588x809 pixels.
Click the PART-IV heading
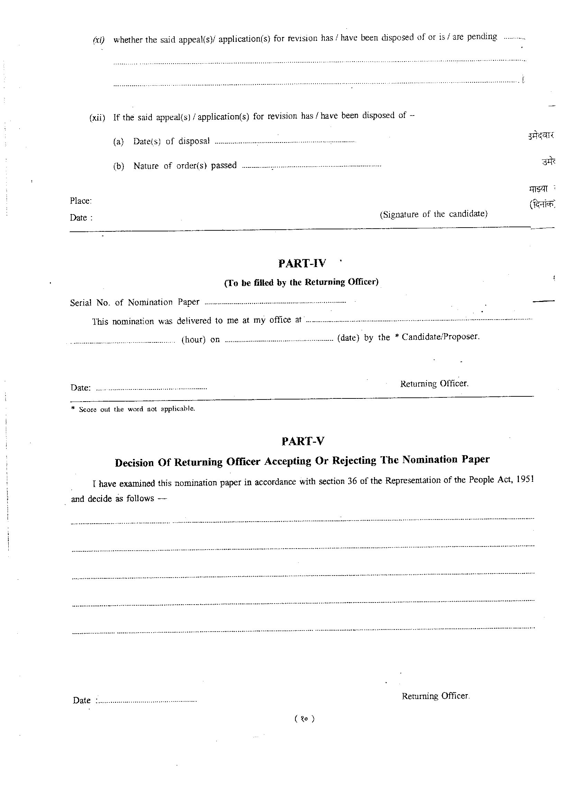302,263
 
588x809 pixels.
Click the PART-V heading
303,441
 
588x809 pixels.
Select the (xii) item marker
97,118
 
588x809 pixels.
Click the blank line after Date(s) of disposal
285,142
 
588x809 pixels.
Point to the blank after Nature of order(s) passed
311,166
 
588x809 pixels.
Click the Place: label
81,201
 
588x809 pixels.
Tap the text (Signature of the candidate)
433,214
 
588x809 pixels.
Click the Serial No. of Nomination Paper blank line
275,303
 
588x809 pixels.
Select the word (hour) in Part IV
193,339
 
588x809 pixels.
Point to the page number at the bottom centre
304,719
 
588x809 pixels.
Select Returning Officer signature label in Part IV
434,384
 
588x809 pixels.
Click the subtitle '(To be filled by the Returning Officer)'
301,283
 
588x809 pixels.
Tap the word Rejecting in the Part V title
354,460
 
